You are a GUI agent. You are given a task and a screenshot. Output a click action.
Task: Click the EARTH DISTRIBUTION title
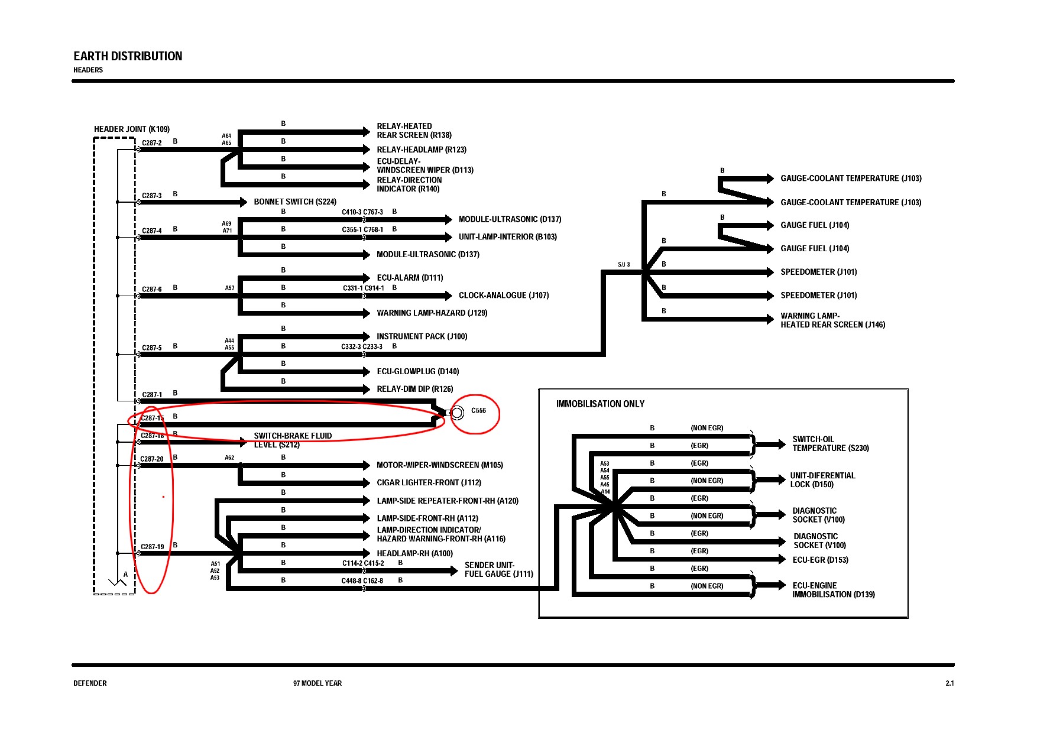pos(128,56)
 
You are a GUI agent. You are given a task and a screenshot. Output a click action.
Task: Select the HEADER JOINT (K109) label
pos(131,129)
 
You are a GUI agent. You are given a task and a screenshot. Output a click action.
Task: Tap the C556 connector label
pos(478,410)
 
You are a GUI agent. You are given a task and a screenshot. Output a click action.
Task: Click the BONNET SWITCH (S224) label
pos(295,202)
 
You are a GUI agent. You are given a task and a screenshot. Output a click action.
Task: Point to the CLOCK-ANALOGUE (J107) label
pos(504,295)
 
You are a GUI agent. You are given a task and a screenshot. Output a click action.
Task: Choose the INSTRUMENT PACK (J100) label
pos(422,336)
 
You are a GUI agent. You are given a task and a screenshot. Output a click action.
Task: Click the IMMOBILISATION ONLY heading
pos(600,404)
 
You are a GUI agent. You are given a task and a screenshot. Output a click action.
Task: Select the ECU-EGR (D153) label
pos(820,560)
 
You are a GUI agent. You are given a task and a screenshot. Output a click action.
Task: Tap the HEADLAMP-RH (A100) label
pos(414,553)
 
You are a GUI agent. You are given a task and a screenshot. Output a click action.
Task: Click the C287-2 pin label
pos(151,142)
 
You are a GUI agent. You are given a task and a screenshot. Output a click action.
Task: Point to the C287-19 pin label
pos(153,546)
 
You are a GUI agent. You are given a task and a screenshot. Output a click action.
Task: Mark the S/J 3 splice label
pos(624,264)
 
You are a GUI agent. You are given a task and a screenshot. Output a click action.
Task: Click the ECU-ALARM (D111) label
pos(410,277)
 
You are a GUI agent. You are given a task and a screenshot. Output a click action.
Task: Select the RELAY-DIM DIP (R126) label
pos(414,389)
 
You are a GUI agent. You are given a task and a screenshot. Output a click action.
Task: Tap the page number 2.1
pos(949,683)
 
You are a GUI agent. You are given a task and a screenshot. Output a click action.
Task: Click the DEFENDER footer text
pos(90,683)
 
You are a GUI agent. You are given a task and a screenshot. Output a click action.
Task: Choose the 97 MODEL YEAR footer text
pos(317,683)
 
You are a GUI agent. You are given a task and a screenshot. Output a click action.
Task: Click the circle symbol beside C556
pos(457,413)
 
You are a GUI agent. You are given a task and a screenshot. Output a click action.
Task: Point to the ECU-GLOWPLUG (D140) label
pos(417,371)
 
